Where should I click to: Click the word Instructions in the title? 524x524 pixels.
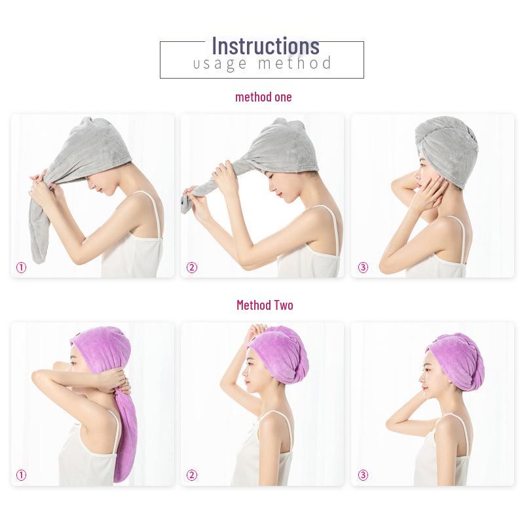point(265,46)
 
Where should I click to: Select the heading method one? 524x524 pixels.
point(263,97)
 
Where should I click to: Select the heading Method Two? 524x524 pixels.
point(265,305)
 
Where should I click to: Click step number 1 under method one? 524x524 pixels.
point(21,267)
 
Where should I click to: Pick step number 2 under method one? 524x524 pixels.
point(191,267)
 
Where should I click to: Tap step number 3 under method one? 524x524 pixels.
point(363,267)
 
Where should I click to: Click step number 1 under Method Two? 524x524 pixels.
point(21,476)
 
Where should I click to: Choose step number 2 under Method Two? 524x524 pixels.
point(191,476)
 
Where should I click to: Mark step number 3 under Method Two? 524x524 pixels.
point(363,476)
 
